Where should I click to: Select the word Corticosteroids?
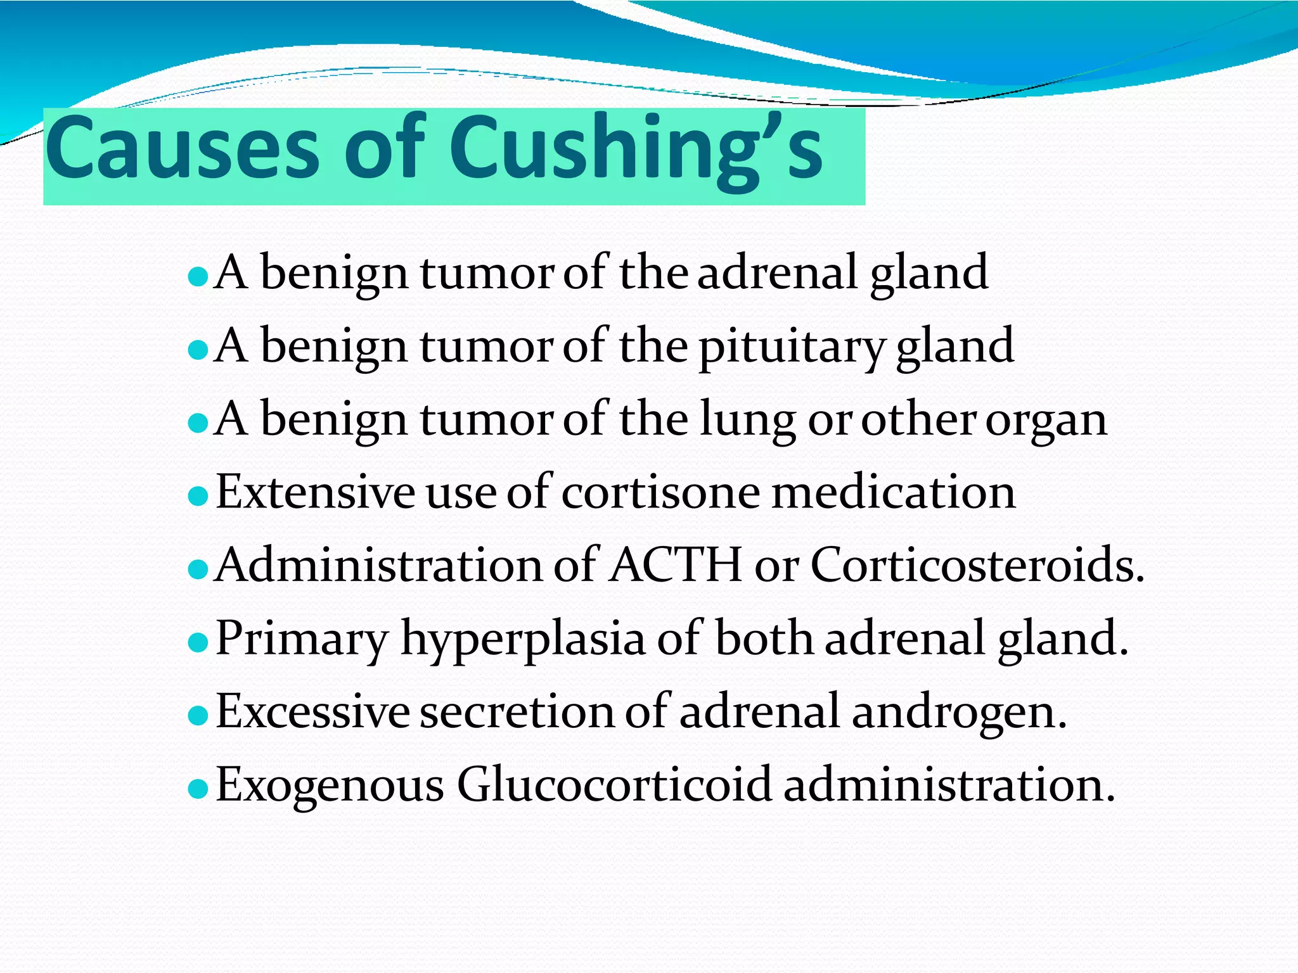click(x=976, y=565)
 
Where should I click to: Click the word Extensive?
click(x=315, y=493)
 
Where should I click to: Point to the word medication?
click(x=893, y=493)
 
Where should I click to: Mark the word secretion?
click(x=517, y=712)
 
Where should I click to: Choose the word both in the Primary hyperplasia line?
click(x=764, y=639)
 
